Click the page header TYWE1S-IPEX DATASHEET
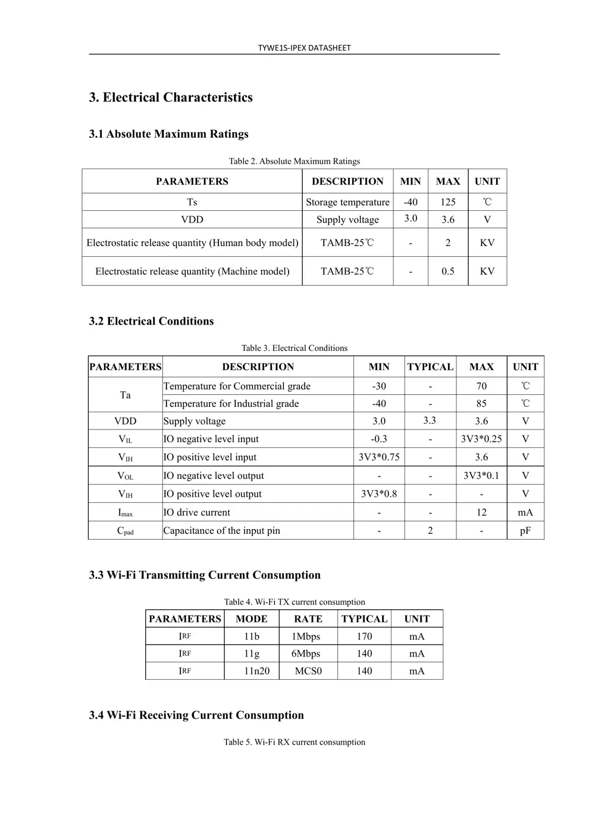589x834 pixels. [x=304, y=48]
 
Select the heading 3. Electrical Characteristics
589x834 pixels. [x=171, y=98]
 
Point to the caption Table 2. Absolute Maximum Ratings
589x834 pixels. [x=294, y=161]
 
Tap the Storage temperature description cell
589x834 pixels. [x=347, y=202]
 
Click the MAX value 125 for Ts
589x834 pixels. [x=447, y=202]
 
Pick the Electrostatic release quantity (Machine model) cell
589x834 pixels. [x=192, y=271]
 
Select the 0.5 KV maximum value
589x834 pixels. [x=447, y=271]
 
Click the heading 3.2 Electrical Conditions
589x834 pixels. [x=151, y=321]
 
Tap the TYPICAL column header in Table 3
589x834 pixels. [x=430, y=367]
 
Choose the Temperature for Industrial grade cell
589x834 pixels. [x=231, y=403]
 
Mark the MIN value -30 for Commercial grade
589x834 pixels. [x=378, y=386]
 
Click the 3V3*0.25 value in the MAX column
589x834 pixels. [x=481, y=439]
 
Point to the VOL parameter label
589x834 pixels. [x=125, y=476]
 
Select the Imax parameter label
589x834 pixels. [x=125, y=512]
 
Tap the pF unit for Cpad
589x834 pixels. [x=525, y=531]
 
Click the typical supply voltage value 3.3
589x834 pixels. [x=430, y=421]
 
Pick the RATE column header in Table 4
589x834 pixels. [x=308, y=619]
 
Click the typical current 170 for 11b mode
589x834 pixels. [x=364, y=636]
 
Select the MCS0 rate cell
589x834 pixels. [x=308, y=671]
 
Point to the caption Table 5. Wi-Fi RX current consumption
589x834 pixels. [x=294, y=742]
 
